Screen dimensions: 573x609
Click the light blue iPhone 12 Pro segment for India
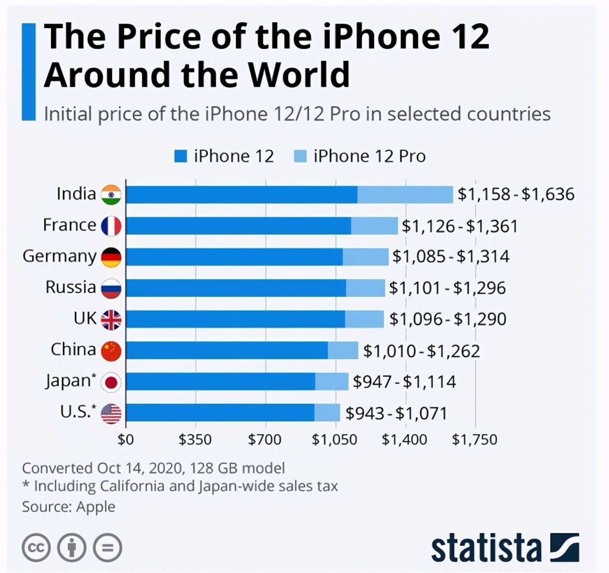[x=405, y=195]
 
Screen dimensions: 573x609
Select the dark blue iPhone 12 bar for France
[x=238, y=226]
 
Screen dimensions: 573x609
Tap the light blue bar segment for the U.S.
[x=327, y=412]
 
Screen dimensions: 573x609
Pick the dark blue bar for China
[x=227, y=350]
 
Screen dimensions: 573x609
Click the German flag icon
[x=111, y=257]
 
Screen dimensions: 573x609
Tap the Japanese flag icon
[x=111, y=382]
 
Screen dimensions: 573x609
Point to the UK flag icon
[x=111, y=320]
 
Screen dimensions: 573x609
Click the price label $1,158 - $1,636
[x=516, y=194]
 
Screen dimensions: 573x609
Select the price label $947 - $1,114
[x=404, y=382]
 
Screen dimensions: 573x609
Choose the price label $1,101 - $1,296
[x=447, y=288]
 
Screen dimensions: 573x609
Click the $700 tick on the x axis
[x=265, y=439]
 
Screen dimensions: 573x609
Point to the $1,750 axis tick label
[x=475, y=439]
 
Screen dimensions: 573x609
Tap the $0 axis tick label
[x=126, y=439]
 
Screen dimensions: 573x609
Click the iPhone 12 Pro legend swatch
[x=300, y=157]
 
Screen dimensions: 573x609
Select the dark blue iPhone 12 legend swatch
[x=180, y=157]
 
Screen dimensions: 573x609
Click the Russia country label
[x=71, y=287]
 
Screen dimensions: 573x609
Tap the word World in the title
[x=299, y=75]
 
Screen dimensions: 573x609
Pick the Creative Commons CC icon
[x=36, y=548]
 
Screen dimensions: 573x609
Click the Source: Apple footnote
[x=69, y=507]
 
